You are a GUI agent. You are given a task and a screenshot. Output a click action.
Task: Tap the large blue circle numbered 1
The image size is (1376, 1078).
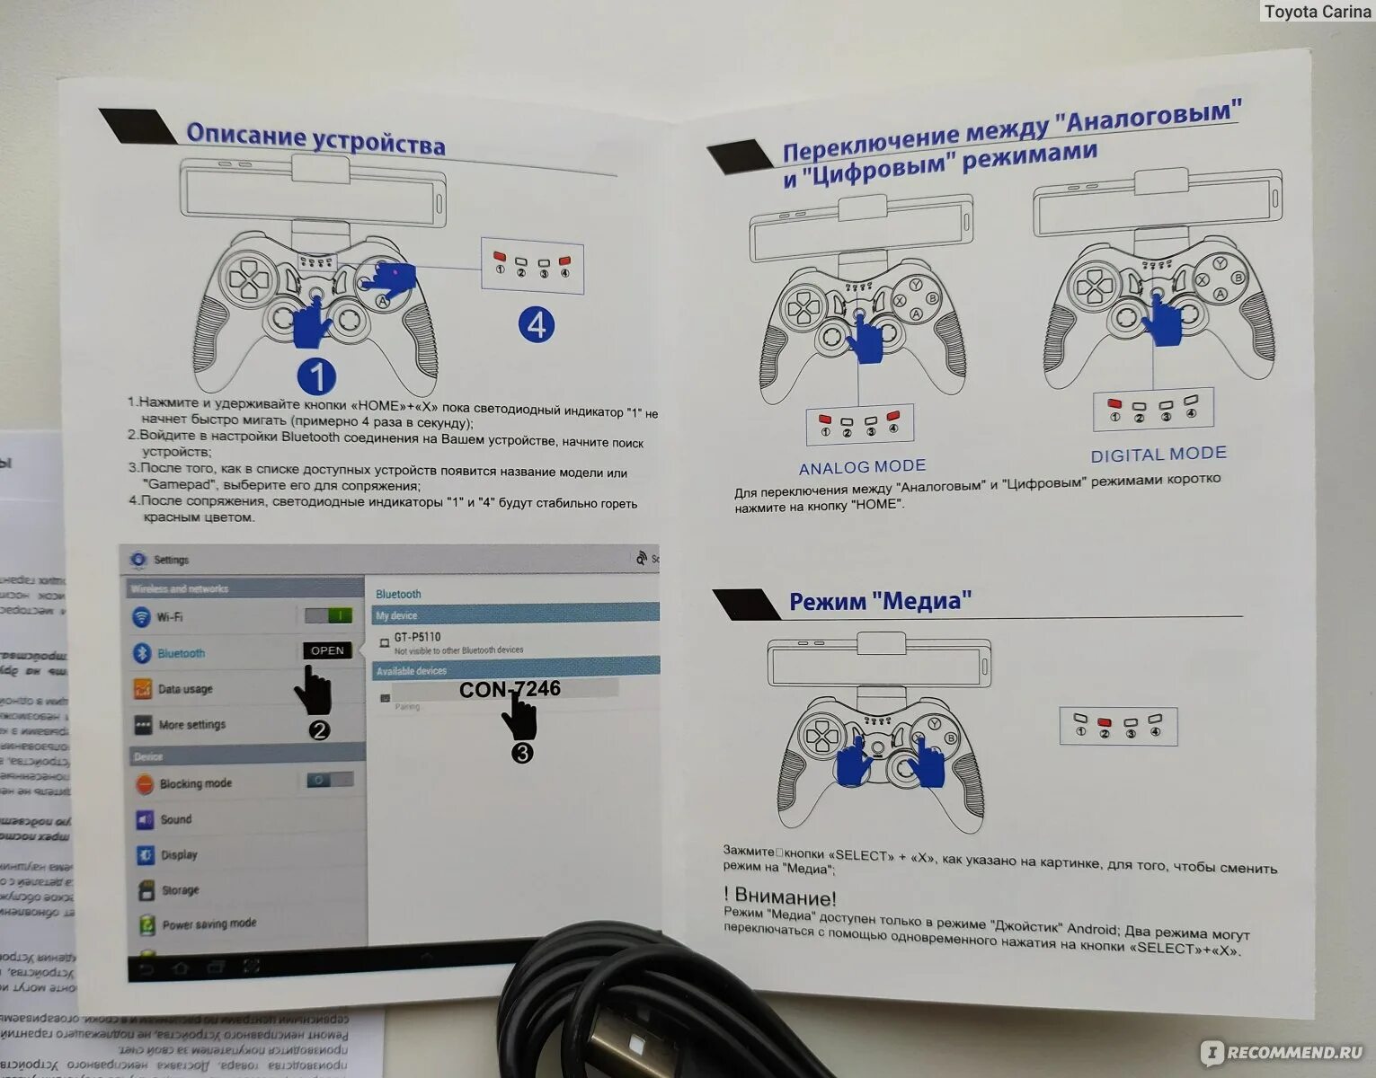point(315,377)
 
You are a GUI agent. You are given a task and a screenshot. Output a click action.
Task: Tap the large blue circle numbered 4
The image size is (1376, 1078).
point(537,324)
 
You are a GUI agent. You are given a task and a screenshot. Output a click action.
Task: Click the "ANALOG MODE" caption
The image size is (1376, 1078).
point(862,466)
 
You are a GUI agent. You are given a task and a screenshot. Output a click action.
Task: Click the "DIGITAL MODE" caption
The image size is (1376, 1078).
point(1158,455)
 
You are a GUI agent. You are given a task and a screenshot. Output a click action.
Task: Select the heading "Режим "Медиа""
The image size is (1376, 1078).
point(880,601)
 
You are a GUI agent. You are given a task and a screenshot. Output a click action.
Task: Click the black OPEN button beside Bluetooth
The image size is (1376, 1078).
point(327,650)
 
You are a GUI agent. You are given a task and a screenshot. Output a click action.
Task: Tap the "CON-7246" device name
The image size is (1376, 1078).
point(510,689)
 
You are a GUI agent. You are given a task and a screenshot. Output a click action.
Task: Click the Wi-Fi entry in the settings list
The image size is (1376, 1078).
point(170,617)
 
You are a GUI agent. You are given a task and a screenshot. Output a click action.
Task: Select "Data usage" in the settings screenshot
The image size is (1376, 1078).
point(185,689)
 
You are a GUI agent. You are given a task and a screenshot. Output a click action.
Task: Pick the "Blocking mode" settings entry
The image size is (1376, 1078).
point(195,783)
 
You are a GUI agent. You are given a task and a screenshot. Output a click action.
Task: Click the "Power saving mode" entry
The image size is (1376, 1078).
point(209,923)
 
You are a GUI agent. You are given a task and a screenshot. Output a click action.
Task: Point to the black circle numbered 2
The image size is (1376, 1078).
point(319,729)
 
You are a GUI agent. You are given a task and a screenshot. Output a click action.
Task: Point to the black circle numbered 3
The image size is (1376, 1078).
point(521,753)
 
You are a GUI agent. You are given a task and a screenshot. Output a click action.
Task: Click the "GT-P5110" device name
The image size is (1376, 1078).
point(417,637)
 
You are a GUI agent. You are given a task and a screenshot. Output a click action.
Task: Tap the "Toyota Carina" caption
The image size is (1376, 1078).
point(1317,12)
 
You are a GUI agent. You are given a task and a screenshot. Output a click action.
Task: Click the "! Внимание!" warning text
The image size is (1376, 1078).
point(779,897)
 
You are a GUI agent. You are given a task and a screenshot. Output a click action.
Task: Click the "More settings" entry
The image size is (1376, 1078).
point(191,724)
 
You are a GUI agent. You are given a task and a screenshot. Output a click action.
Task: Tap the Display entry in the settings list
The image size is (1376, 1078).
point(179,854)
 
